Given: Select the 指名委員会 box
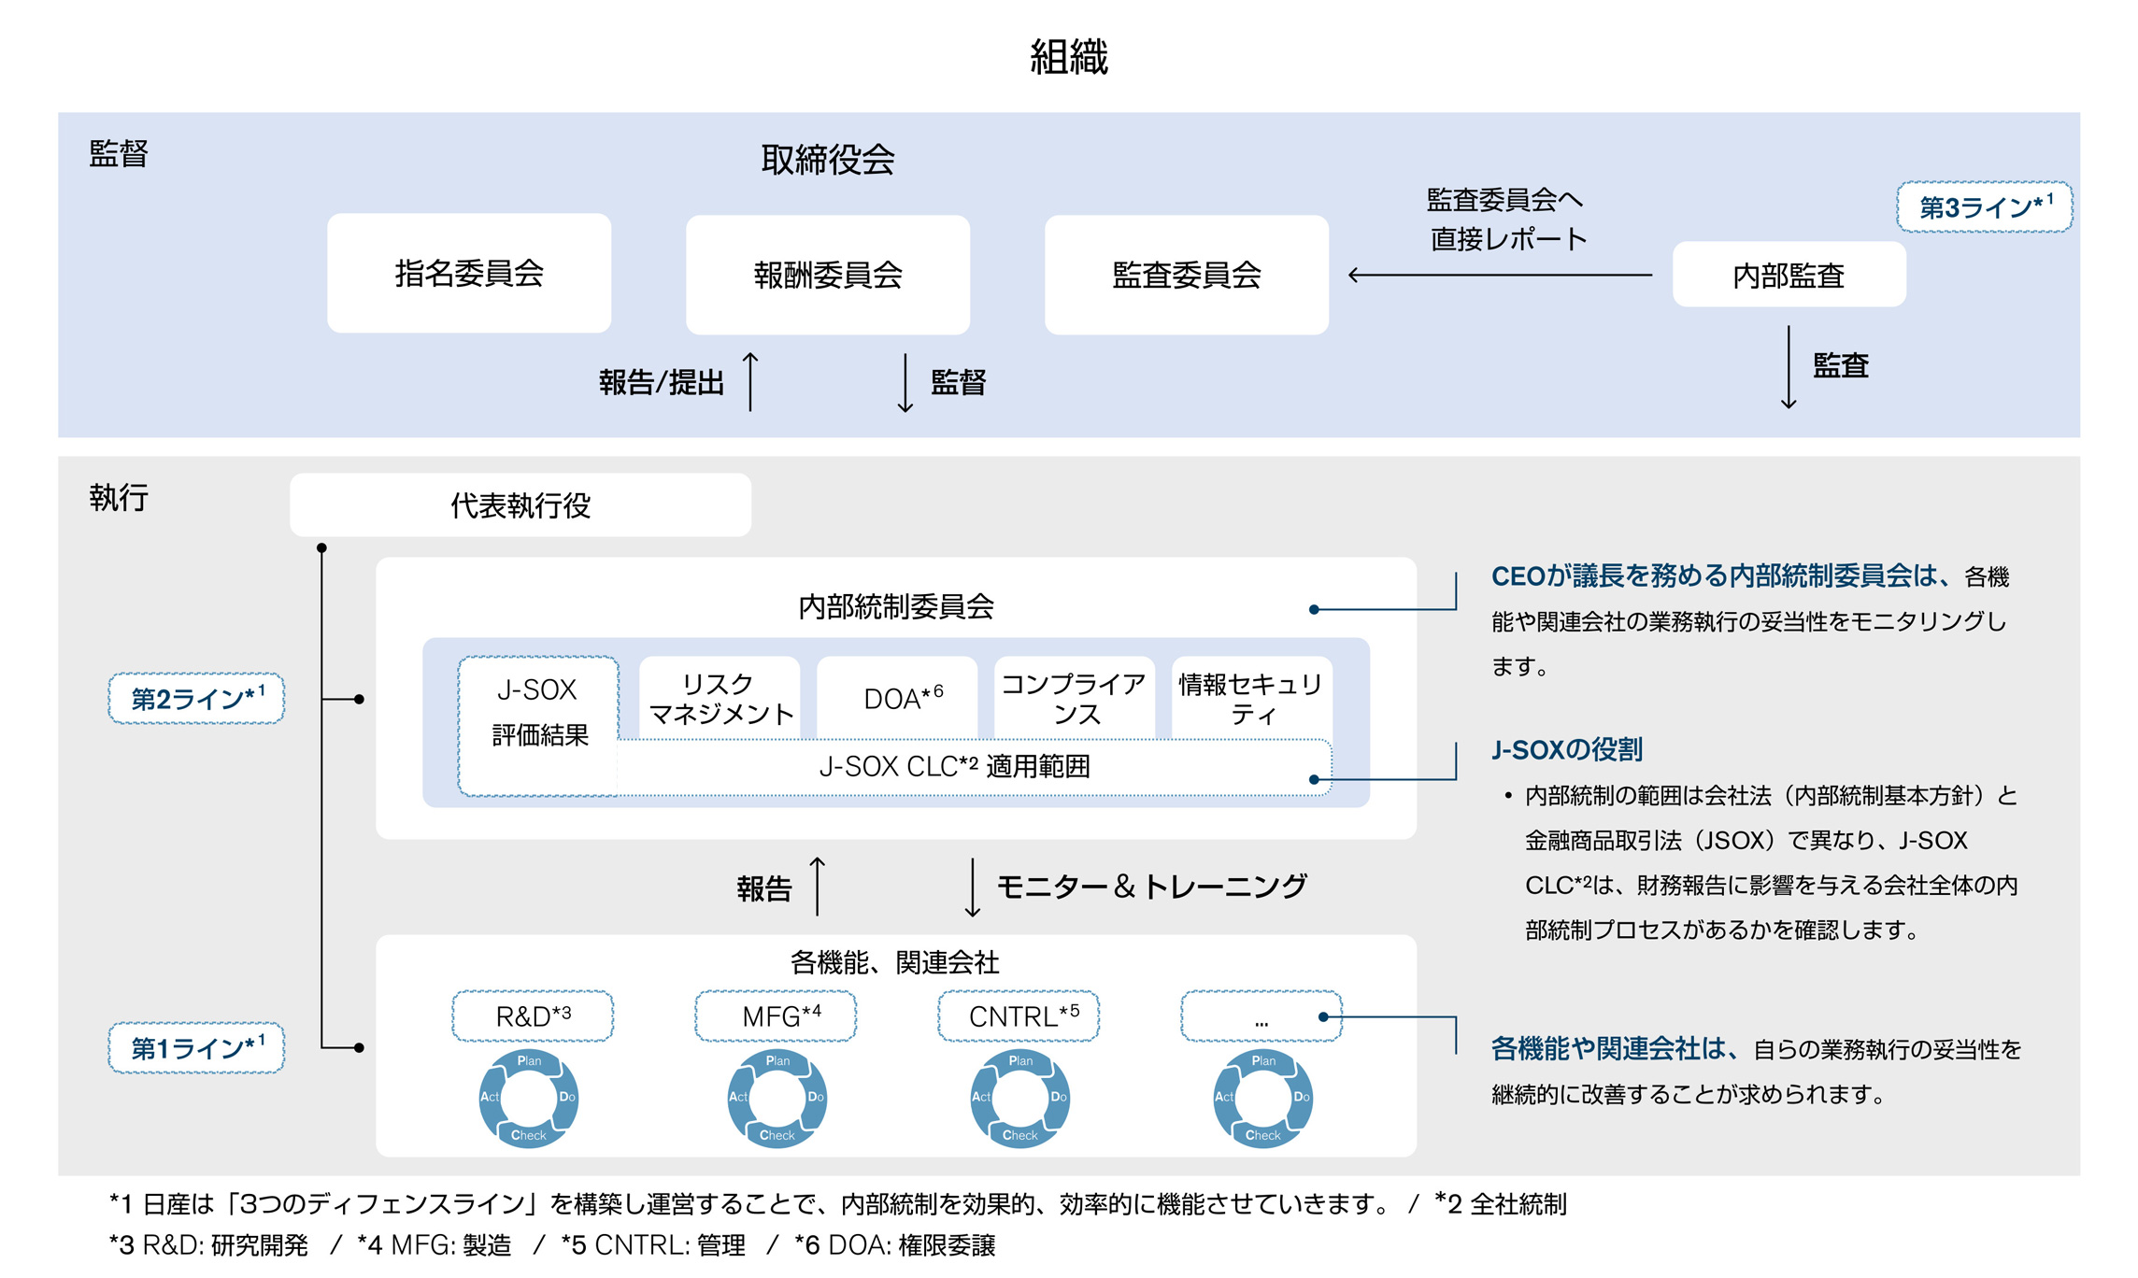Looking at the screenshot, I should [x=469, y=274].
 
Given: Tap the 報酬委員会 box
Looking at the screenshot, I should [x=828, y=275].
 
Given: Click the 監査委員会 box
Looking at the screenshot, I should [x=1186, y=275].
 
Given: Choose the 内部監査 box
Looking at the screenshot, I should [x=1789, y=275].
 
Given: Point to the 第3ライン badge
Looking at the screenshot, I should [x=1984, y=206].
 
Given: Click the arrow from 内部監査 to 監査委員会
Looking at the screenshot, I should [x=1500, y=275].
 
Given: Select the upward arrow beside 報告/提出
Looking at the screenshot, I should [x=750, y=381].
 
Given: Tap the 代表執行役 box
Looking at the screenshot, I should [x=520, y=505].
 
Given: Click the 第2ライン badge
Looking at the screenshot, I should [x=196, y=698].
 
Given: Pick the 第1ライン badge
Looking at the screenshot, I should [x=196, y=1047].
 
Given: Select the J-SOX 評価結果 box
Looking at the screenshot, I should [x=538, y=713].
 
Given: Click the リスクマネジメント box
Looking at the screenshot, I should [x=720, y=699].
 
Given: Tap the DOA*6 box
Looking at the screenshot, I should [x=898, y=699].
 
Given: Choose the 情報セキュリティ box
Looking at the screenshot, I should [x=1251, y=699].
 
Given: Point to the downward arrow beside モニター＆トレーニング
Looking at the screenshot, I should [x=972, y=887].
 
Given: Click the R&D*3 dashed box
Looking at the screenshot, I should [x=533, y=1016].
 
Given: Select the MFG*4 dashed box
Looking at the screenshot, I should [x=776, y=1016].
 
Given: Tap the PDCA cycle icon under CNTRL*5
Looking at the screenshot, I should [x=1019, y=1098].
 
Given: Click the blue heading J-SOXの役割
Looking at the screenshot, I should [x=1566, y=749].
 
